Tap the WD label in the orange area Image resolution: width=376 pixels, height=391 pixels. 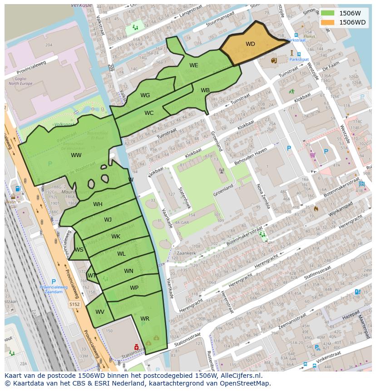(250, 44)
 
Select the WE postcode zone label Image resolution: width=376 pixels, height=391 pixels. (194, 65)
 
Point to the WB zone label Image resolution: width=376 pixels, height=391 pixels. (205, 90)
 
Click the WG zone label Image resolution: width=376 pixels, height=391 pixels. (145, 95)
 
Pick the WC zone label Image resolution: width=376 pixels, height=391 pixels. (149, 113)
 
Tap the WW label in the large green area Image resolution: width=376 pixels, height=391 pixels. (76, 155)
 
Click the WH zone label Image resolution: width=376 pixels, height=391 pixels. (98, 204)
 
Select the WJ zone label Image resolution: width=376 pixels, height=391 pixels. (108, 220)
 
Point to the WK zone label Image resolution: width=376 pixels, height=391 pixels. (116, 237)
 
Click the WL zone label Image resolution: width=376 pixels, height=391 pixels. (121, 254)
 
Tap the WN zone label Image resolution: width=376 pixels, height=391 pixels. (129, 271)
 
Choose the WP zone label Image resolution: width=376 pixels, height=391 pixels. (134, 288)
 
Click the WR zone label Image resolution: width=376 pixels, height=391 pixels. (145, 319)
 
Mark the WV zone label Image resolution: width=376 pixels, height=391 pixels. (100, 312)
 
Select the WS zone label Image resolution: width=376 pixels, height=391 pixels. (79, 250)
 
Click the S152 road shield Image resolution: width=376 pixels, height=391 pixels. (74, 305)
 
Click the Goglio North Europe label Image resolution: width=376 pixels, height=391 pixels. (20, 81)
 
